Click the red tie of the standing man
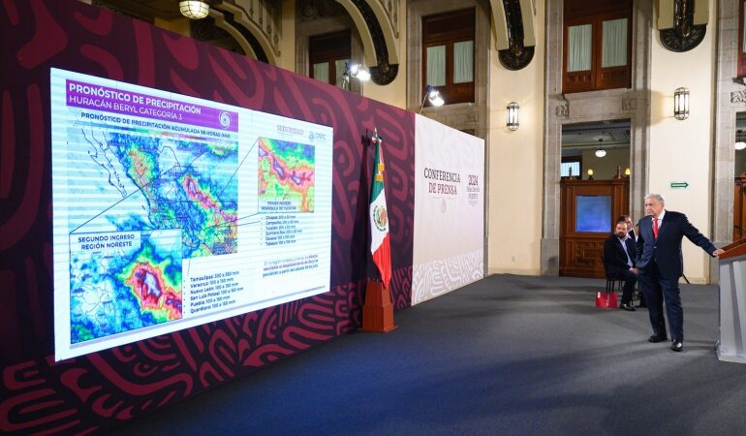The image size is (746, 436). click(x=655, y=228)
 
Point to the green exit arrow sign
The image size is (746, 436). click(x=678, y=184)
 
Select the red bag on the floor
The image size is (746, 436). click(x=606, y=299)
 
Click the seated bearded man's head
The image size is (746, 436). click(x=619, y=230)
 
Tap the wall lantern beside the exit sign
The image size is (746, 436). click(x=681, y=103)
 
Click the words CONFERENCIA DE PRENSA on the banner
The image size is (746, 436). click(x=442, y=181)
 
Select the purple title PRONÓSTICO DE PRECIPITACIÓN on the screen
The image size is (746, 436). click(x=137, y=92)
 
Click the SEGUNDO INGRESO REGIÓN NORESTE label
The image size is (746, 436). click(x=105, y=240)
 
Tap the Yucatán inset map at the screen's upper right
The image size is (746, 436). click(x=286, y=174)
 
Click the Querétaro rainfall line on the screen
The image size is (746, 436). click(x=211, y=302)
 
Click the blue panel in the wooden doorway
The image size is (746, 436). click(x=593, y=213)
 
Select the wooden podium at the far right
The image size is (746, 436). click(x=731, y=300)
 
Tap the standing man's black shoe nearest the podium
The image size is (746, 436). click(x=676, y=345)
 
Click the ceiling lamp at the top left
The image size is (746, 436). click(x=194, y=9)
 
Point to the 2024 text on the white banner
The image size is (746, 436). click(x=473, y=180)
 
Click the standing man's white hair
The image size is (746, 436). click(x=656, y=199)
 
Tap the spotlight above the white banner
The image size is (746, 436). click(x=434, y=97)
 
